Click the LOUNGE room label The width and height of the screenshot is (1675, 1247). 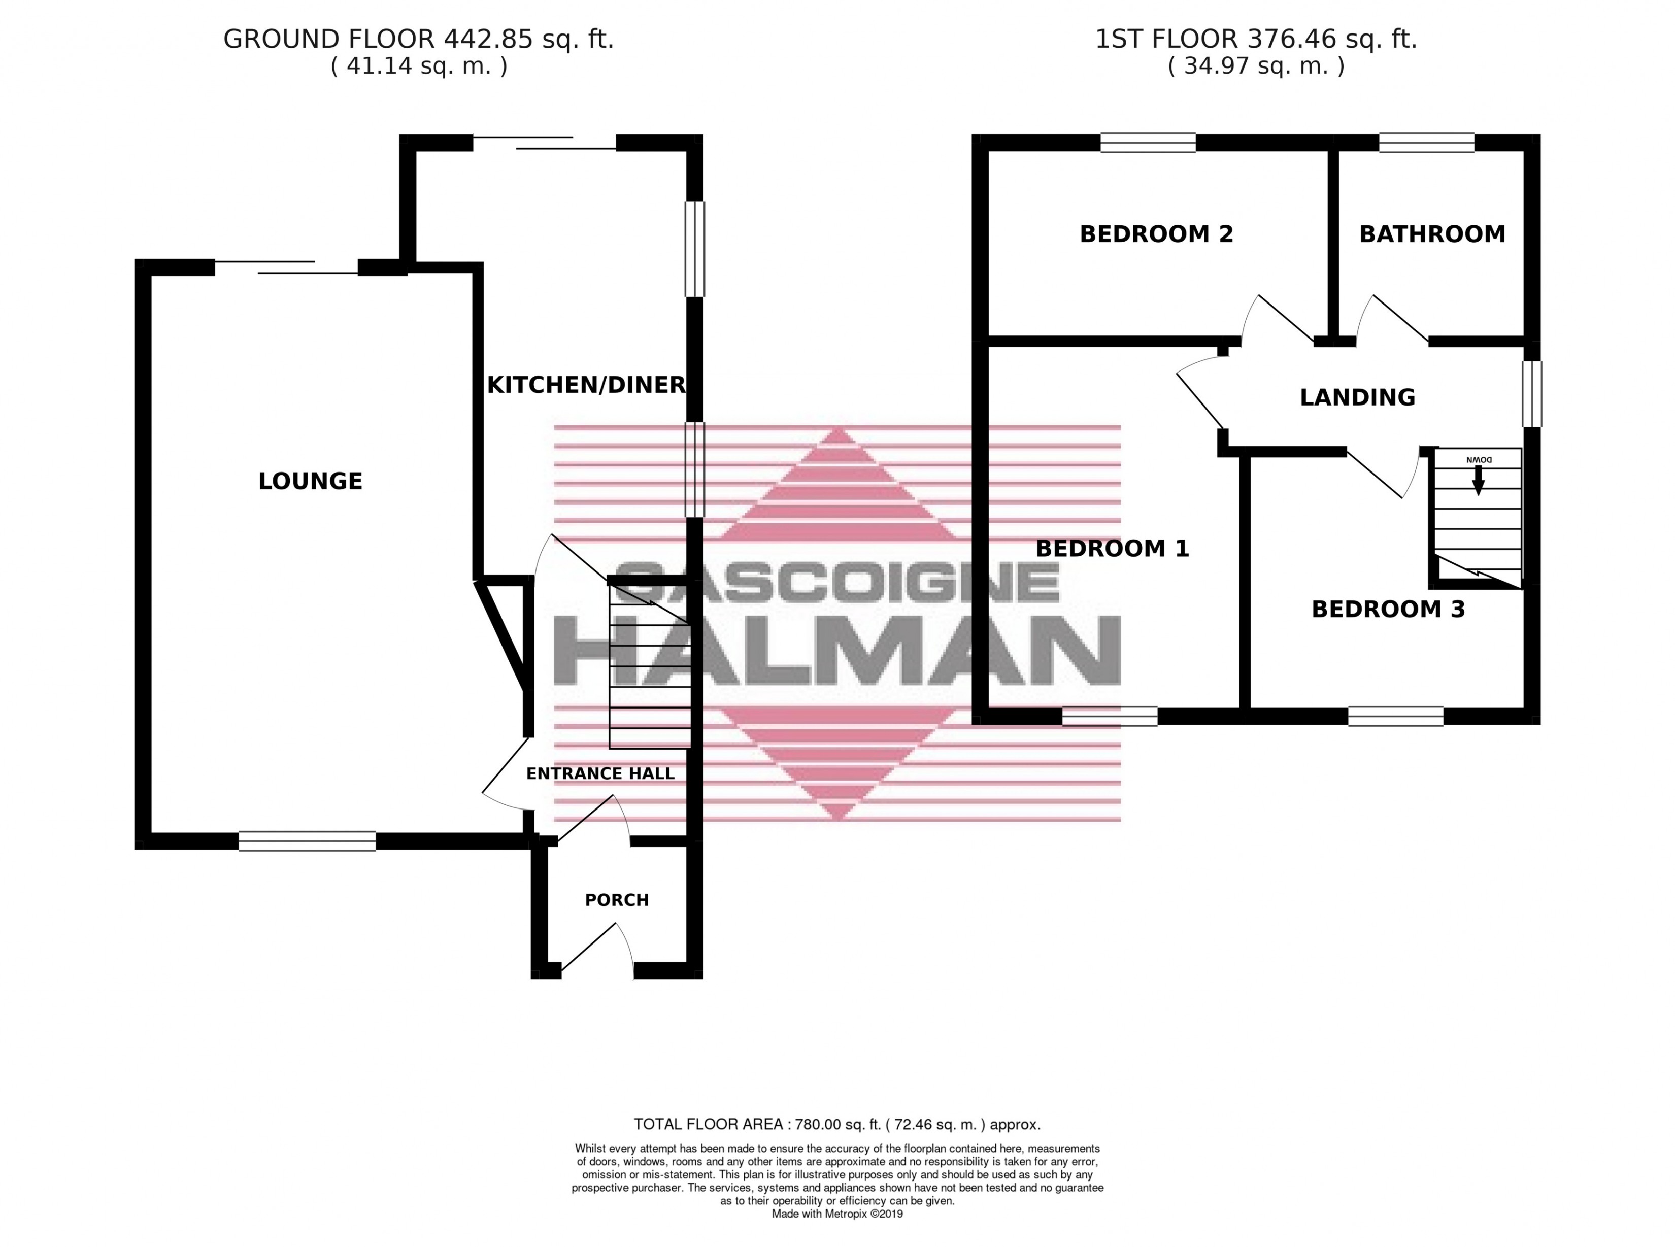310,481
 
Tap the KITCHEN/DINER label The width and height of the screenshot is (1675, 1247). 586,385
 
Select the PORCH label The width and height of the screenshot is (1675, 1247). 617,900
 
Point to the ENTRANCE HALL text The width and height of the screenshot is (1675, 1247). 600,773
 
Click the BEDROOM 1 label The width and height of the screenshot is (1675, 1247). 1112,549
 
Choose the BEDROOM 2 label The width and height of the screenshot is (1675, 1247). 1156,234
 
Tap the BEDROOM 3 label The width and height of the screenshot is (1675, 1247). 1388,609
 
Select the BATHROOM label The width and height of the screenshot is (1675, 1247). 1432,234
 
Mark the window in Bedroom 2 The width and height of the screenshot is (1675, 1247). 1147,143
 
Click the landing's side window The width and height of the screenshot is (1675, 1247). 1531,393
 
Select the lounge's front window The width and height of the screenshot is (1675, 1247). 307,841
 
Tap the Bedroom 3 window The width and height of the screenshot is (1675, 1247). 1396,716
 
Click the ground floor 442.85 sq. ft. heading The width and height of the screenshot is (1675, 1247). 418,39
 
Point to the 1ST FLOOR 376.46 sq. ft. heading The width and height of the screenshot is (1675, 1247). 1256,39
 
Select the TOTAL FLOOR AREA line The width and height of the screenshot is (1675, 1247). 836,1124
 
